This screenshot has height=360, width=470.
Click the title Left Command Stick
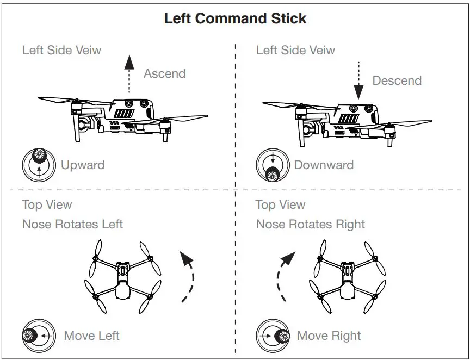tap(235, 18)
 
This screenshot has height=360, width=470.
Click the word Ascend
tap(164, 73)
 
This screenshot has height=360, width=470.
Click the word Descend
tap(397, 80)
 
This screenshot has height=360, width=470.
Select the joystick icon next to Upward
tap(39, 164)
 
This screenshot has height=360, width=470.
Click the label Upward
tap(82, 165)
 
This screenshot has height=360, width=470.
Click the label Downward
tap(324, 165)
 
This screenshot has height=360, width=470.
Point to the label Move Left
tap(91, 336)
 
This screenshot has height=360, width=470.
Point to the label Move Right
tap(329, 336)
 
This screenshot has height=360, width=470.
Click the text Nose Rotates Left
tap(72, 224)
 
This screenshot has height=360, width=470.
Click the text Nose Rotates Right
tap(310, 224)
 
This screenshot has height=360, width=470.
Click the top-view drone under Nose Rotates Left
tap(123, 276)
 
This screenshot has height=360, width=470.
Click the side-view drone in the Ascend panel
tap(122, 116)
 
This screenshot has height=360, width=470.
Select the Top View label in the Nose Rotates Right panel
tap(280, 205)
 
